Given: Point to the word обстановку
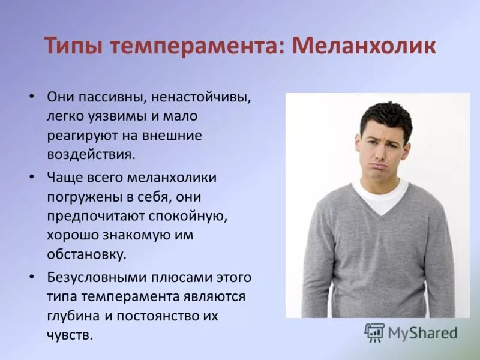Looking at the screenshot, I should click(x=86, y=254).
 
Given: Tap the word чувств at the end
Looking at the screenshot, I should click(x=68, y=335).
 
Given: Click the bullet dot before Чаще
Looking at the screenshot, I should click(x=33, y=178).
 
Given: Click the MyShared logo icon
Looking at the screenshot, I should click(x=374, y=332).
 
